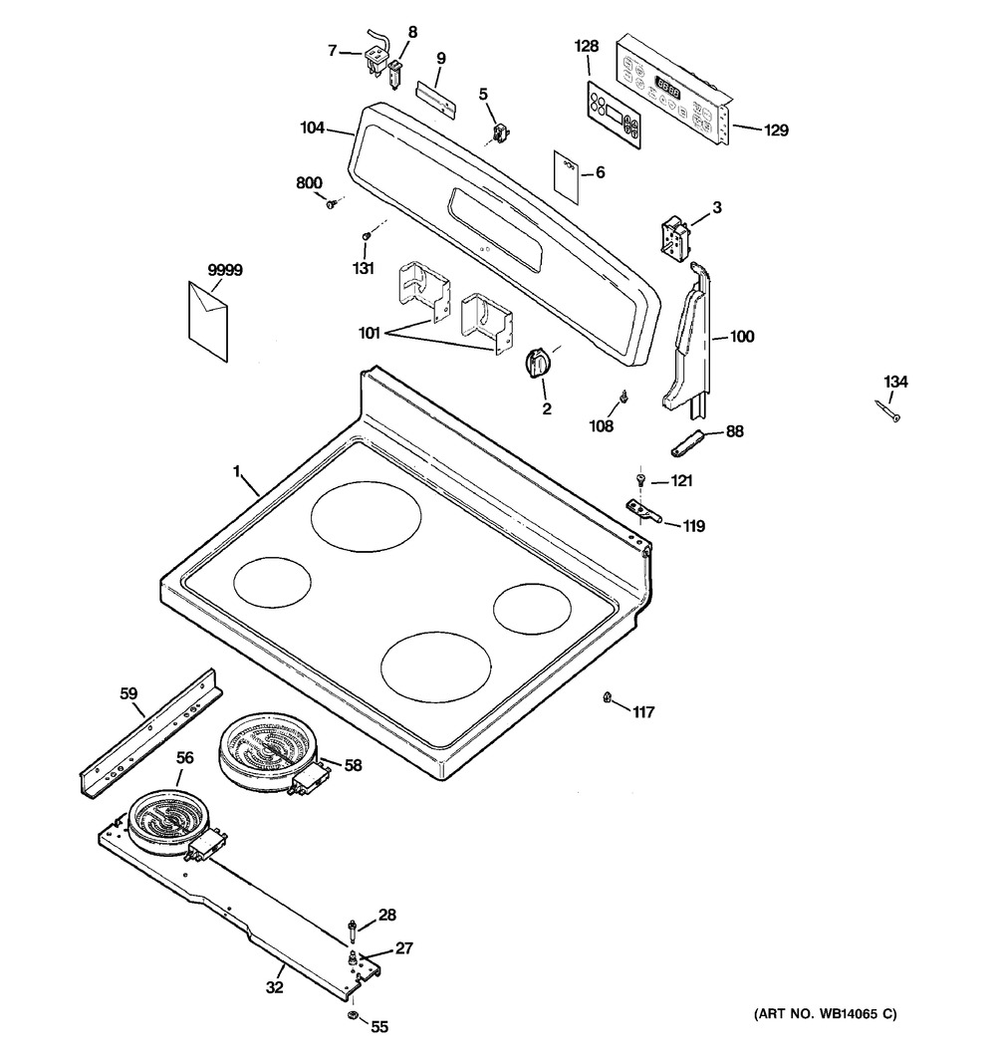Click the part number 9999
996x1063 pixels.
tap(225, 270)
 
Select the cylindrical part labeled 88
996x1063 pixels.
tap(689, 438)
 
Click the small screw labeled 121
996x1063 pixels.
tap(640, 480)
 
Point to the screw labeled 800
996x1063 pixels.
tap(331, 204)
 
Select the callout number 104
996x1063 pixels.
tap(313, 128)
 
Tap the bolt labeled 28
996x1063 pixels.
tap(352, 929)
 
